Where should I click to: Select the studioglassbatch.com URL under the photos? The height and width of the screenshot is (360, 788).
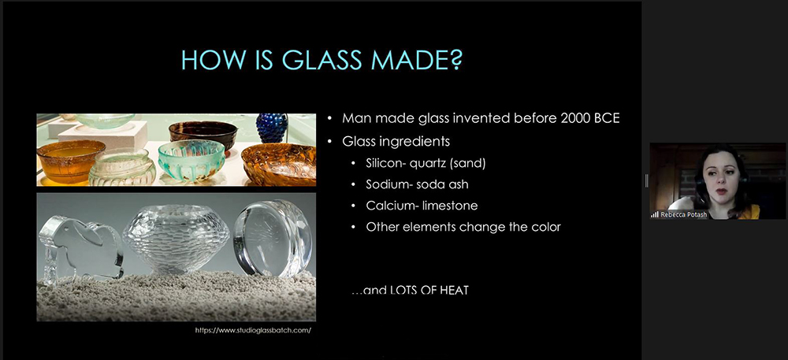tap(253, 330)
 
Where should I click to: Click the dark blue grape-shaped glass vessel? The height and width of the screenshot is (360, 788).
tap(273, 128)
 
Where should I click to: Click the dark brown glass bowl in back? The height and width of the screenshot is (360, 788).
tap(203, 134)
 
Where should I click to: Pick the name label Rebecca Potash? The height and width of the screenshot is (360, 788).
tap(684, 213)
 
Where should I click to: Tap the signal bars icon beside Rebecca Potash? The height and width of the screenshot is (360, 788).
tap(654, 214)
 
